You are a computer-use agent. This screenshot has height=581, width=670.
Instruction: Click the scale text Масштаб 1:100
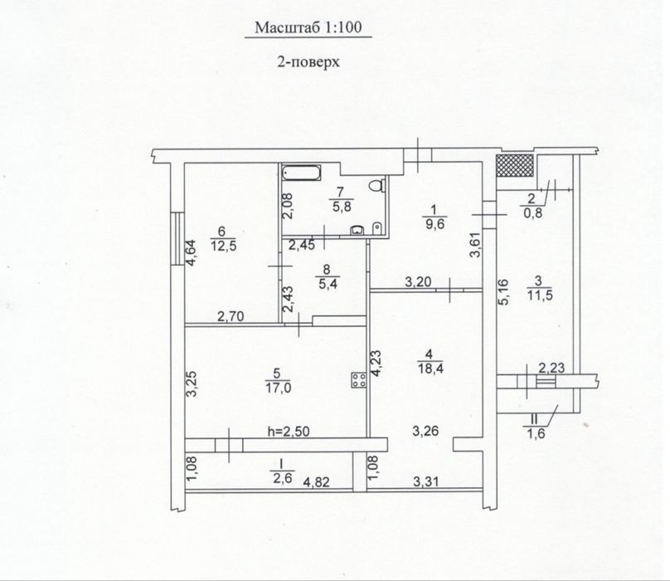coord(308,28)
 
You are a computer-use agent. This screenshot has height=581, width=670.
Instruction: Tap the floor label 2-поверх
coord(308,62)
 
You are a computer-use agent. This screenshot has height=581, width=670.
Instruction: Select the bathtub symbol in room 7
coord(301,173)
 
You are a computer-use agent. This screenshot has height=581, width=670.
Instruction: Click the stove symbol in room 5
coord(359,380)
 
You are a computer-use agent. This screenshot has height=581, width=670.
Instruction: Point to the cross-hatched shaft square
coord(515,165)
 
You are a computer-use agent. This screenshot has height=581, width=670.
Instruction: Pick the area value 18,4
coord(430,368)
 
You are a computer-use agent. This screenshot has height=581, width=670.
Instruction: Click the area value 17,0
coord(278,388)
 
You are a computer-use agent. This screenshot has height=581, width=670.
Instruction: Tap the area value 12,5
coord(224,246)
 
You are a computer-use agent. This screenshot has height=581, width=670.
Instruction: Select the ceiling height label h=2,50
coord(289,432)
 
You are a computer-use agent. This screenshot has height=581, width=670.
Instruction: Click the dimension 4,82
coord(316,482)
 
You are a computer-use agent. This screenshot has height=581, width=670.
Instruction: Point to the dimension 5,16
coord(504,292)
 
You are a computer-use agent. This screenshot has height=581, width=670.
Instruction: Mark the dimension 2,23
coord(551,368)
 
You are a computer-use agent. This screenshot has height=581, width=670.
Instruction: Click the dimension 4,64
coord(191,252)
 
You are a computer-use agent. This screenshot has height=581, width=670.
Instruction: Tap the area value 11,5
coord(541,295)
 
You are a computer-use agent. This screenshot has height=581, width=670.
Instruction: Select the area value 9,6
coord(435,224)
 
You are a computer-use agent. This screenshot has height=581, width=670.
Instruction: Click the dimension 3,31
coord(426,482)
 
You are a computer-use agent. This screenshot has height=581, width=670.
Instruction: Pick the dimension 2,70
coord(231,316)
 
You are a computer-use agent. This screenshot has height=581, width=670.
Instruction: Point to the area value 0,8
coord(532,212)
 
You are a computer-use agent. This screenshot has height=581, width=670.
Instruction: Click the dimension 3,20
coord(418,282)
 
